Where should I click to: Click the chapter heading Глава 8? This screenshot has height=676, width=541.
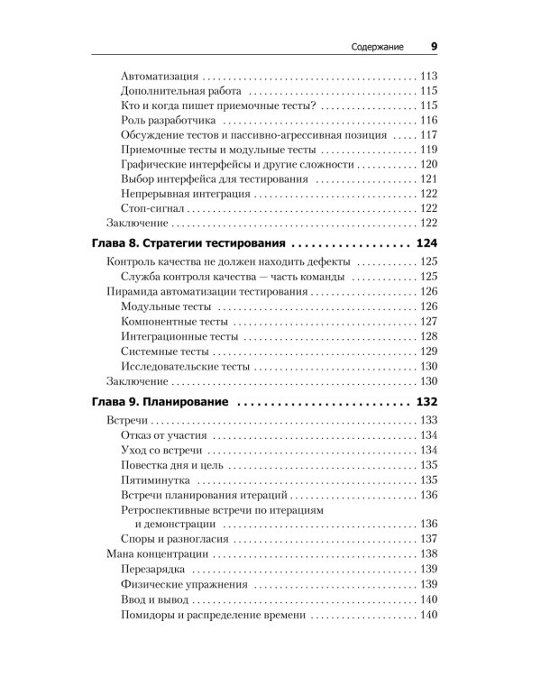tap(126, 244)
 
